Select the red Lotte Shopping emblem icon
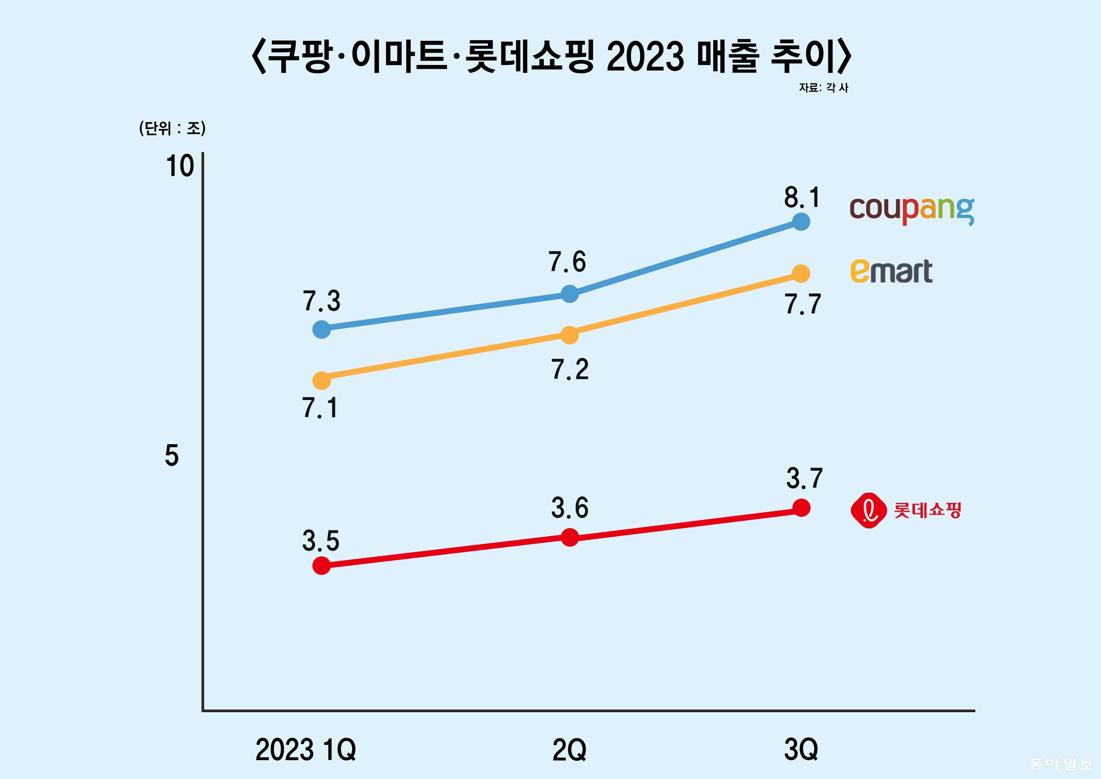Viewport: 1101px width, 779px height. (x=868, y=510)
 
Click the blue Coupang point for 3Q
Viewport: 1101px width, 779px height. (x=801, y=222)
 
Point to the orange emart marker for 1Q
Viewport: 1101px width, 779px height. (x=321, y=380)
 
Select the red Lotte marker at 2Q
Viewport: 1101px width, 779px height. (x=570, y=537)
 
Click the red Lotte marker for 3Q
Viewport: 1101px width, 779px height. (x=801, y=507)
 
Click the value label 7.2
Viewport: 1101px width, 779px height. (x=570, y=369)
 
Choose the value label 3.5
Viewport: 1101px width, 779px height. (x=320, y=541)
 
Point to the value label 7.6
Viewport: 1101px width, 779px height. (x=567, y=262)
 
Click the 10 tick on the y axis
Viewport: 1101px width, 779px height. (x=180, y=166)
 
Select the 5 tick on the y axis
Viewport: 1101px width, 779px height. (x=172, y=455)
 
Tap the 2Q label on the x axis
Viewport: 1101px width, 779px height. (x=569, y=750)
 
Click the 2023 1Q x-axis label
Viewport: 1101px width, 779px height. (x=305, y=750)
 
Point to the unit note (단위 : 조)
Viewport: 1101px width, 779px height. (x=172, y=128)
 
